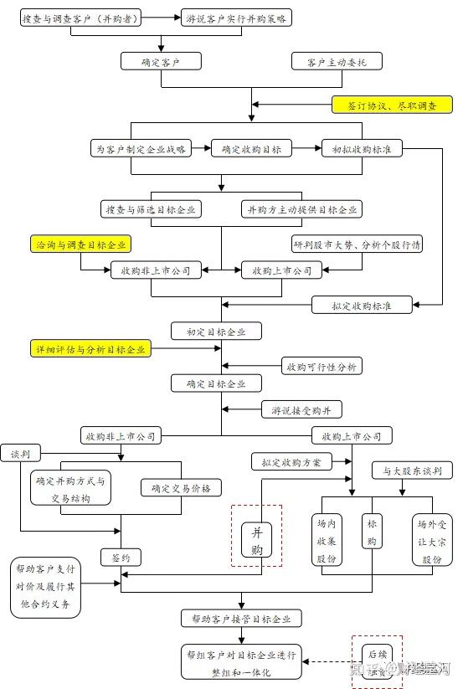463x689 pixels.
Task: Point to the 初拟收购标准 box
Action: pos(362,149)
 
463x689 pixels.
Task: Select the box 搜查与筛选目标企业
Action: pos(151,209)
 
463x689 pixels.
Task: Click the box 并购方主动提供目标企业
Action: pos(301,209)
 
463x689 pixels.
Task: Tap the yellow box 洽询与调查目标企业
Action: pos(82,244)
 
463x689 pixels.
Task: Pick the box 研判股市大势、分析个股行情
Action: pos(357,244)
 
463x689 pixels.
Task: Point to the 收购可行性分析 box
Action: pos(322,367)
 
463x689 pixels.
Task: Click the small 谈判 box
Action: pos(20,454)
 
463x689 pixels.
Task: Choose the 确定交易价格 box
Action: pos(181,488)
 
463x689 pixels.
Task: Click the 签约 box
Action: pos(121,557)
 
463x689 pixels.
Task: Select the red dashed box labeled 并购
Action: pos(256,536)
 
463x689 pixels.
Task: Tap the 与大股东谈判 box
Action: pos(412,470)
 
